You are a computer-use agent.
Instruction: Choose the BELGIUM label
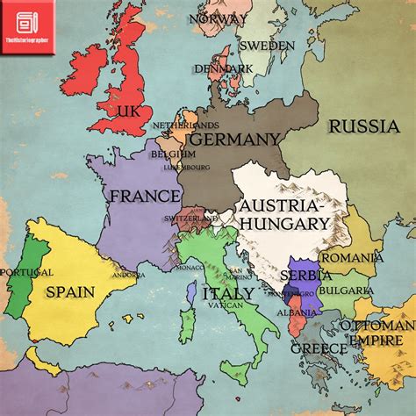[x=172, y=154]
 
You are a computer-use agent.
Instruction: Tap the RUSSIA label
[x=363, y=127]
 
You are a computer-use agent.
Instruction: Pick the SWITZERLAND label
[x=190, y=218]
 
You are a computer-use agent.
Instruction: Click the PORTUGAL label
[x=27, y=272]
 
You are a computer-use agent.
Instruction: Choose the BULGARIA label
[x=347, y=290]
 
